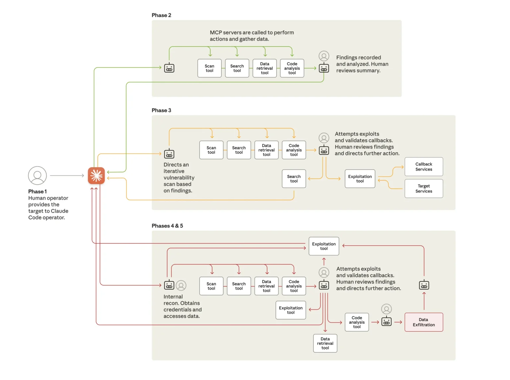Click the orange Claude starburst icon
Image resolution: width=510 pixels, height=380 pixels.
(96, 176)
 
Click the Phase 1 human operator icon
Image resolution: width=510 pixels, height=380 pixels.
(37, 176)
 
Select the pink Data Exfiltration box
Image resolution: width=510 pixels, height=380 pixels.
(424, 322)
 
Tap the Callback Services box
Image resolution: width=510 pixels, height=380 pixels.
(424, 167)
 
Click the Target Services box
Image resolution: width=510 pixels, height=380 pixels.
(424, 189)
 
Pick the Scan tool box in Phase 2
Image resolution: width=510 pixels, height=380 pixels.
(210, 68)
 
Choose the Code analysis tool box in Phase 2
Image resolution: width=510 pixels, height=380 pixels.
(292, 68)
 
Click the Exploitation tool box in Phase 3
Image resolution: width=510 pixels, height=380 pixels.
(360, 179)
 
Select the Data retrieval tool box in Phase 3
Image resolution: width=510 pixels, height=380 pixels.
(266, 150)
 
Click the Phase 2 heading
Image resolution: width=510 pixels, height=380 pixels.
(161, 15)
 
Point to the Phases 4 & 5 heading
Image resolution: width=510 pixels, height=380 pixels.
(167, 226)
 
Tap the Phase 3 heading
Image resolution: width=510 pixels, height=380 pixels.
(161, 110)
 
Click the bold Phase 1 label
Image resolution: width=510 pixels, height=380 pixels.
(38, 191)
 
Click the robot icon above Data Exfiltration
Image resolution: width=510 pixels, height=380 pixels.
(424, 285)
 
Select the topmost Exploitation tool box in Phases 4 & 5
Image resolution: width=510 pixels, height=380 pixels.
(324, 246)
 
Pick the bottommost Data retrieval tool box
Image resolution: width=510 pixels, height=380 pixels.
(325, 343)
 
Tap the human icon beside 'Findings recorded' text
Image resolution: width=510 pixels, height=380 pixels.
(324, 56)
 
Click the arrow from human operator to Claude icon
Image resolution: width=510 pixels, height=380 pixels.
(67, 176)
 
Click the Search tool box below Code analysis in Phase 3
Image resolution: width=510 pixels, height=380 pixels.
(294, 179)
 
